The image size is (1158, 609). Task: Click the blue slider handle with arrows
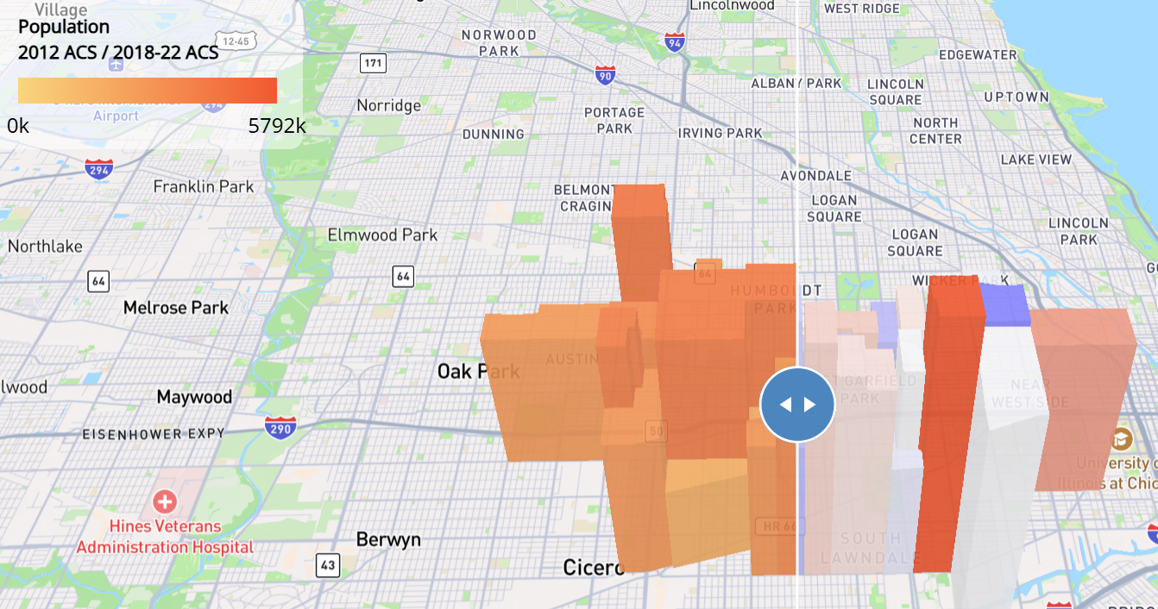[x=797, y=405]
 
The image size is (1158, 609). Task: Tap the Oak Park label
[x=478, y=372]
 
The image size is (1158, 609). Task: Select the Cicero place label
[x=593, y=568]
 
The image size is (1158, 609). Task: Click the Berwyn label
[x=388, y=540]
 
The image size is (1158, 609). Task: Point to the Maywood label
[x=194, y=398]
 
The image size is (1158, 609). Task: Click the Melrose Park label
[x=176, y=308]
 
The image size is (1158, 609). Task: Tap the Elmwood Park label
[x=382, y=235]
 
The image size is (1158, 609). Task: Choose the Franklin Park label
[x=204, y=186]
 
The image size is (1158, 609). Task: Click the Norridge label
[x=389, y=106]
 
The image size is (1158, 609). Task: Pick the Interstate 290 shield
[x=280, y=425]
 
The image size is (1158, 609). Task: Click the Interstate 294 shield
[x=98, y=168]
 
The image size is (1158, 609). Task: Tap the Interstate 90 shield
[x=606, y=76]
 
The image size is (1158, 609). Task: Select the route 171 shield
[x=373, y=63]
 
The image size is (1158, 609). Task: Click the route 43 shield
[x=327, y=566]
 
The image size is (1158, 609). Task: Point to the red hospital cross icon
[x=164, y=501]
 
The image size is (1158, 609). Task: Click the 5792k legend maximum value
[x=277, y=126]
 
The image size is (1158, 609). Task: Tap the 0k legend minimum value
[x=18, y=126]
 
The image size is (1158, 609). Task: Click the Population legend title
[x=64, y=28]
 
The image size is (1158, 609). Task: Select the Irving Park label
[x=720, y=134]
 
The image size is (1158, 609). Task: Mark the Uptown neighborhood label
[x=1016, y=97]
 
